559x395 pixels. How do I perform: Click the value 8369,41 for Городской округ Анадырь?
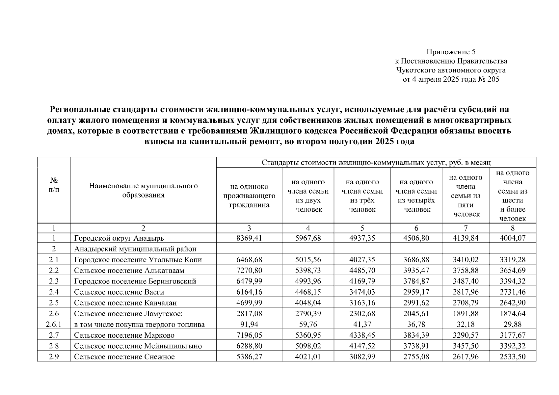(249, 238)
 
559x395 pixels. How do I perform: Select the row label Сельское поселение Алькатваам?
(129, 271)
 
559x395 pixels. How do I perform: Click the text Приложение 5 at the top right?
(451, 52)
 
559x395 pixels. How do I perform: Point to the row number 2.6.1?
(54, 325)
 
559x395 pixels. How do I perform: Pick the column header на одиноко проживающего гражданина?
(249, 196)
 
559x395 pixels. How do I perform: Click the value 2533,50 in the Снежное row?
(512, 357)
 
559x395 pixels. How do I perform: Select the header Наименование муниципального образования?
(143, 190)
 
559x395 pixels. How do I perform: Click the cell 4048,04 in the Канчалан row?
(308, 303)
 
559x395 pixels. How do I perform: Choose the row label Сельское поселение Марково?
(124, 335)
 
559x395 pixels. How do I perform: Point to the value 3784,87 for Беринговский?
(416, 281)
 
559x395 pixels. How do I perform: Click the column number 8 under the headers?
(512, 228)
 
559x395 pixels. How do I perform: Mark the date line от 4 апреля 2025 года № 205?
(451, 79)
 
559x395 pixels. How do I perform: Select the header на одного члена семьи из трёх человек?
(362, 196)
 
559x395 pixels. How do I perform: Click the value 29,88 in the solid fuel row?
(512, 325)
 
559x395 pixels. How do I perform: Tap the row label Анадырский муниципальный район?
(135, 249)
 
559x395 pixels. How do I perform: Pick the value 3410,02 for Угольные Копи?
(466, 260)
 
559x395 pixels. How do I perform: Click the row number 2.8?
(54, 346)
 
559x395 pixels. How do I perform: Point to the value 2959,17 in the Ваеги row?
(416, 292)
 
